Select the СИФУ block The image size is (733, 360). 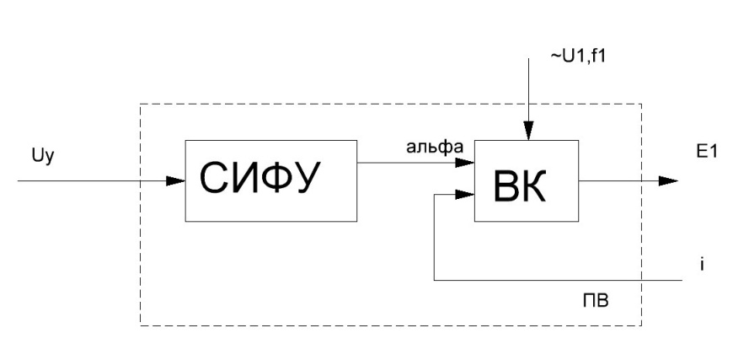click(x=271, y=180)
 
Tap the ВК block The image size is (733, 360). click(x=527, y=180)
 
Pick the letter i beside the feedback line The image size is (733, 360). click(x=701, y=264)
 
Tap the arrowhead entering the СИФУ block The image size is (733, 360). click(x=176, y=180)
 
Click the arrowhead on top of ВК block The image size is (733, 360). click(x=527, y=132)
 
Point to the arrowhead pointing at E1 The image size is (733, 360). click(x=667, y=180)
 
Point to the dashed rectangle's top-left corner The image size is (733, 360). click(x=140, y=105)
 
